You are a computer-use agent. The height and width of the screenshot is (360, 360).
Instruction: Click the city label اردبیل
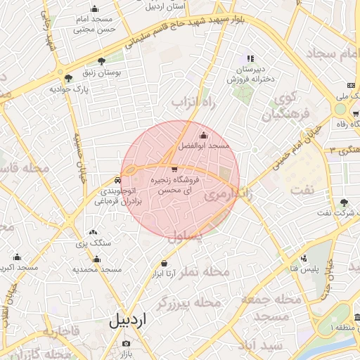pyautogui.click(x=129, y=321)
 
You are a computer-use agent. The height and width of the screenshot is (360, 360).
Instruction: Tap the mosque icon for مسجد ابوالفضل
pyautogui.click(x=204, y=135)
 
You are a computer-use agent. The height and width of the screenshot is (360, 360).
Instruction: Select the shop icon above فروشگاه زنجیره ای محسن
pyautogui.click(x=174, y=169)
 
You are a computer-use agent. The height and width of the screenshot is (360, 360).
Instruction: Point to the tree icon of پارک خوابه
pyautogui.click(x=68, y=79)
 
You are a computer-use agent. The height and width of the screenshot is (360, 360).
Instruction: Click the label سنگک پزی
pyautogui.click(x=93, y=243)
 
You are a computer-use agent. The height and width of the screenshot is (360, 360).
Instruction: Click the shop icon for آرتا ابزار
pyautogui.click(x=164, y=263)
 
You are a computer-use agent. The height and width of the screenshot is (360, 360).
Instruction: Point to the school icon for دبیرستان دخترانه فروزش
pyautogui.click(x=250, y=58)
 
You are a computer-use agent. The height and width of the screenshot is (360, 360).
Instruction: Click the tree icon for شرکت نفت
pyautogui.click(x=343, y=202)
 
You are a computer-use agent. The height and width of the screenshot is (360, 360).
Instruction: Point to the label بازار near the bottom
pyautogui.click(x=124, y=354)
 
